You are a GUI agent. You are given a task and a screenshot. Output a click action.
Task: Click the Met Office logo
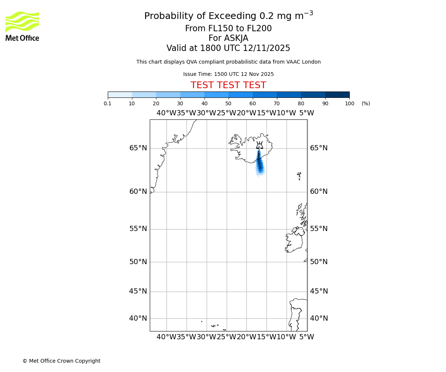[22, 26]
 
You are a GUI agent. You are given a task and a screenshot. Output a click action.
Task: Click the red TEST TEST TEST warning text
[228, 85]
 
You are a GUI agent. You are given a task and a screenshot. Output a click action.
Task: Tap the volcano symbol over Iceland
[259, 145]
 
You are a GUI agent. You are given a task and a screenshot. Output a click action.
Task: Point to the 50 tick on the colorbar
[228, 103]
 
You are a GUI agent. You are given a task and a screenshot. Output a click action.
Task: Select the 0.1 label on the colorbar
[107, 103]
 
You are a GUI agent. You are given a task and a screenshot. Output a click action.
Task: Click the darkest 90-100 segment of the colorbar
[337, 94]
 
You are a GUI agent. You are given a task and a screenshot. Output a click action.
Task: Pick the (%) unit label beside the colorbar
[366, 103]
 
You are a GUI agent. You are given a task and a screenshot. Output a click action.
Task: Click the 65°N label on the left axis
[138, 148]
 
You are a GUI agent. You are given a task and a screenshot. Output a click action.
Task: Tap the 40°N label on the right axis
[319, 318]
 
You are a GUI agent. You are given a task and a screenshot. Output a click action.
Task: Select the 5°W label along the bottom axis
[307, 337]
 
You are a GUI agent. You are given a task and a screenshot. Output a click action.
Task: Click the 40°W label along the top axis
[166, 113]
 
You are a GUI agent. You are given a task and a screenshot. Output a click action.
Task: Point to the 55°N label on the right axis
[319, 229]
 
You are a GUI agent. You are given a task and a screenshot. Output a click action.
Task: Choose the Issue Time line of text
[228, 74]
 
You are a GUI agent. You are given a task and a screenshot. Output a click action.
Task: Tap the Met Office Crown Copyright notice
[61, 361]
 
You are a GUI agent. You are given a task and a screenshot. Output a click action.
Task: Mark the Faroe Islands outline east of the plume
[299, 175]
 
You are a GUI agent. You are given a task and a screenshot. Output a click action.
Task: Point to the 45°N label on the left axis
[138, 291]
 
